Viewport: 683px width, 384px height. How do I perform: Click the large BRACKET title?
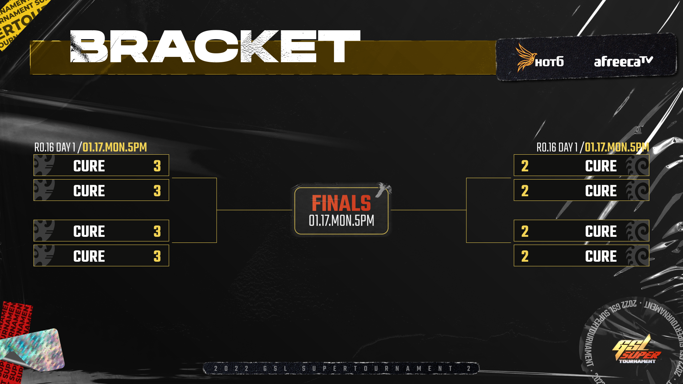point(215,46)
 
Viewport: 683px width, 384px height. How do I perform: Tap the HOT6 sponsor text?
point(549,62)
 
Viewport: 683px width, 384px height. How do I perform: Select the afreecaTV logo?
point(623,62)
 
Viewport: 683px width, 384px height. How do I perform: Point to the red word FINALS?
point(341,203)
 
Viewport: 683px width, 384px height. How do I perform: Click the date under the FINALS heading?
point(341,221)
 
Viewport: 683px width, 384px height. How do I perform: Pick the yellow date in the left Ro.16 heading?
point(115,147)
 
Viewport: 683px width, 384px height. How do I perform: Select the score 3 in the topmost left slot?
point(157,166)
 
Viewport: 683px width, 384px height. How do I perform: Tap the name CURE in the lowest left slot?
point(89,256)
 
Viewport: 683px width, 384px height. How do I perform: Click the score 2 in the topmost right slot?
point(525,166)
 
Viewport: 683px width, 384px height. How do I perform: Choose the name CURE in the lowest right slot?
point(601,256)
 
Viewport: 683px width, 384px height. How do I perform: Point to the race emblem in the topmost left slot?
point(44,165)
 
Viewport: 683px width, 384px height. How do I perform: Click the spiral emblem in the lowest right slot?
point(637,256)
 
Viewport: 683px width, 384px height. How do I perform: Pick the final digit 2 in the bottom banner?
point(469,368)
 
